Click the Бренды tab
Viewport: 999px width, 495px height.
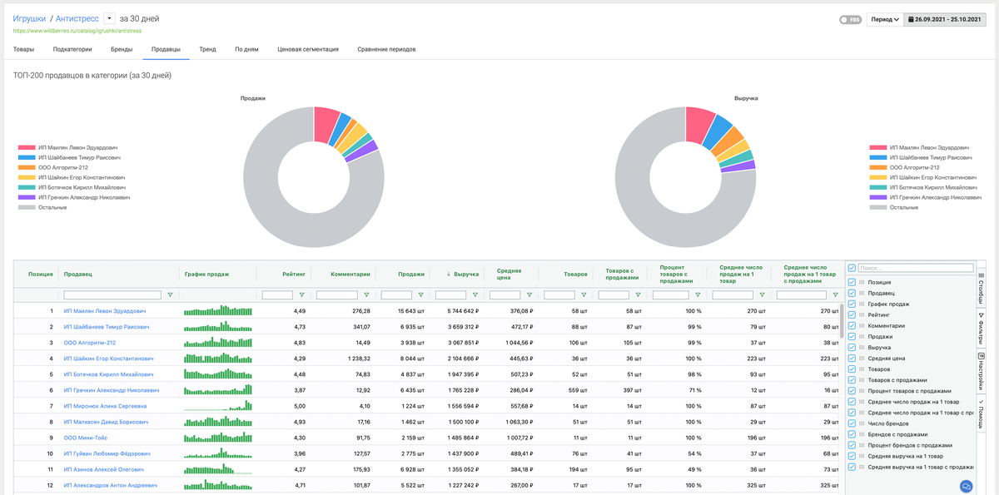pyautogui.click(x=122, y=49)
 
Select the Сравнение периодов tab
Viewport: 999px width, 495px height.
pyautogui.click(x=386, y=49)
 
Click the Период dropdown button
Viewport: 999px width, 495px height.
pyautogui.click(x=884, y=19)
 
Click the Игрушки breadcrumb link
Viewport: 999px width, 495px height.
pyautogui.click(x=29, y=17)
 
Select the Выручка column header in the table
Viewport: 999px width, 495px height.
pyautogui.click(x=465, y=274)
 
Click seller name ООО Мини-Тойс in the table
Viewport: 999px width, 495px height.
pyautogui.click(x=87, y=438)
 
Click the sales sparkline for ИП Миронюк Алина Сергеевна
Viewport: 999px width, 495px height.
pyautogui.click(x=217, y=406)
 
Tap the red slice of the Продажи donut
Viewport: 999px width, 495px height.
pyautogui.click(x=326, y=122)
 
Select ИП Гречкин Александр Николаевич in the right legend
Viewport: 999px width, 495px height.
pyautogui.click(x=929, y=197)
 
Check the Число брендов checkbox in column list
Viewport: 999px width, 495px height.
pyautogui.click(x=852, y=423)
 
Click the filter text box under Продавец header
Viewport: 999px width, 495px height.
pyautogui.click(x=112, y=295)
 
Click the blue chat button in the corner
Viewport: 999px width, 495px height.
pyautogui.click(x=967, y=486)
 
